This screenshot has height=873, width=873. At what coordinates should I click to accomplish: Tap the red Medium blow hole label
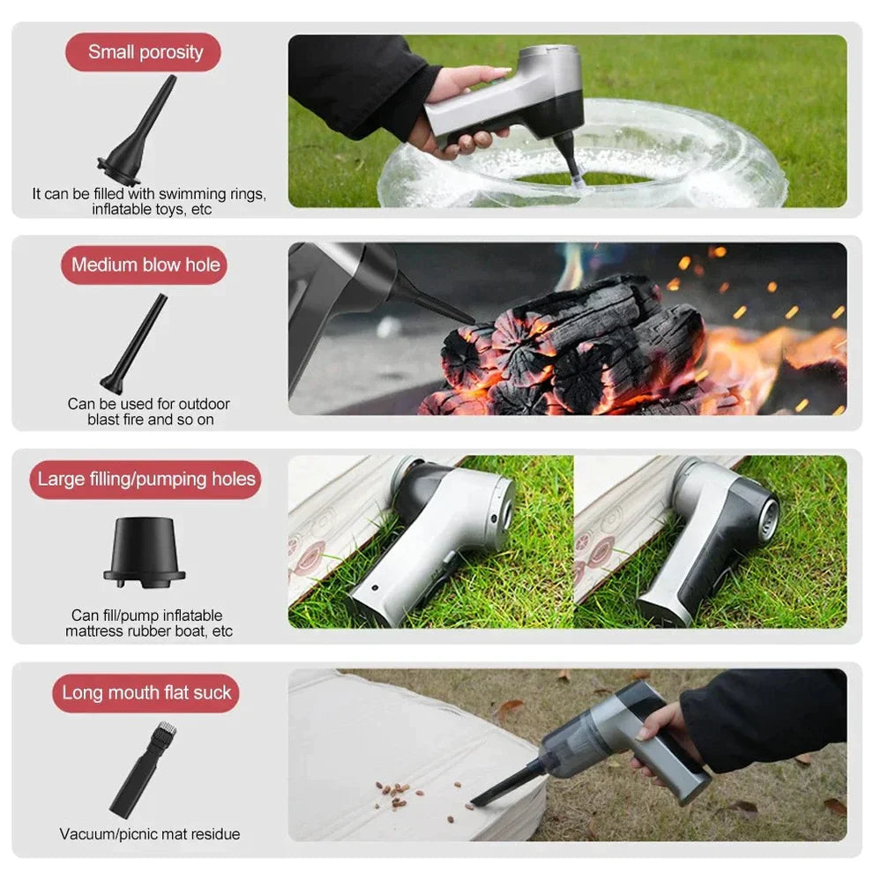tap(145, 265)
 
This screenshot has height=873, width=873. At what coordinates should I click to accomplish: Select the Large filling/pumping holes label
tap(145, 480)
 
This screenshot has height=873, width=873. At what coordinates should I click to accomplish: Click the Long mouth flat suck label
tap(145, 693)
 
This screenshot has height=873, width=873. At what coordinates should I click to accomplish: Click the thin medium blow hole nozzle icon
tap(135, 344)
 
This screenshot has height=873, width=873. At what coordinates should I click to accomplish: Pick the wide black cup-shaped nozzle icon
tap(145, 551)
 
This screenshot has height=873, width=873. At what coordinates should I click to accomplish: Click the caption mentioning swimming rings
tap(148, 201)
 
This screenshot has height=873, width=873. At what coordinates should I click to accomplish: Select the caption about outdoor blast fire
tap(149, 411)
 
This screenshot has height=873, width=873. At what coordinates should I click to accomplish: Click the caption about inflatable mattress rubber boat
tap(149, 623)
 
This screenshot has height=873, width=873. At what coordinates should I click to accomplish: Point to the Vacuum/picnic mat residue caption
tap(149, 833)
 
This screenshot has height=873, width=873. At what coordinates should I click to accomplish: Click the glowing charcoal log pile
tap(573, 348)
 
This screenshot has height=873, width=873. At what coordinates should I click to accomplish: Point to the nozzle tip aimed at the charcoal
tap(467, 318)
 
